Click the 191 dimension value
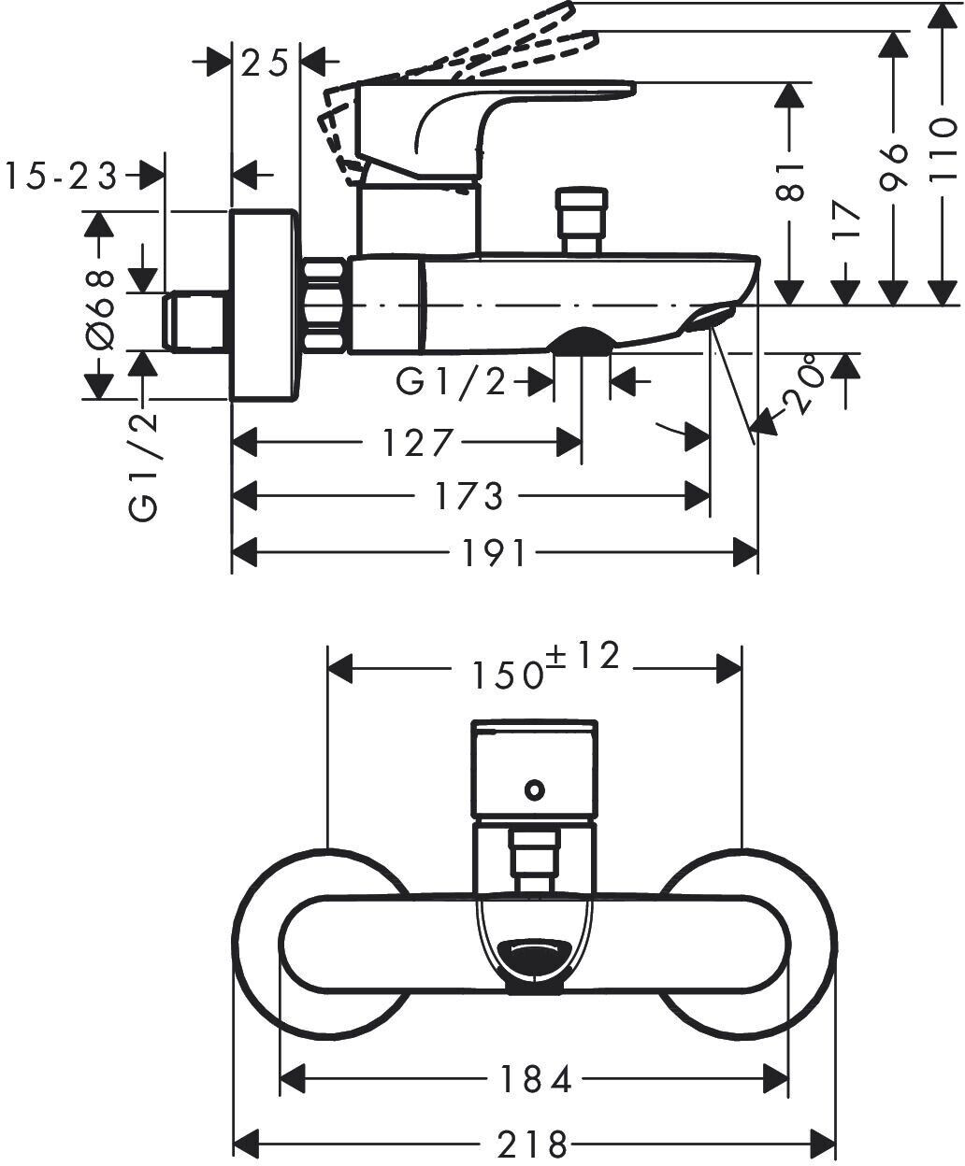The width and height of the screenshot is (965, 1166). click(495, 553)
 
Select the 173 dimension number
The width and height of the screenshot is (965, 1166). click(469, 496)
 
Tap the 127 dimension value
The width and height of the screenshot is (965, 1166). click(417, 442)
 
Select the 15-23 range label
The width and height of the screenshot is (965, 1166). click(61, 176)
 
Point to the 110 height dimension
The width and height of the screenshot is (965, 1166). click(943, 149)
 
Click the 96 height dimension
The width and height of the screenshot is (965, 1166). click(893, 167)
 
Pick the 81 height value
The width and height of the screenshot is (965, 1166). click(789, 181)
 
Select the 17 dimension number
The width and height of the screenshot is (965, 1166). click(845, 220)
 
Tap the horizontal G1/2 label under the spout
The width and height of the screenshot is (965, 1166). click(451, 383)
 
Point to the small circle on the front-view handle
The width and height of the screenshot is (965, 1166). click(535, 789)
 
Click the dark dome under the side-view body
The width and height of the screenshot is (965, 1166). click(582, 340)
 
